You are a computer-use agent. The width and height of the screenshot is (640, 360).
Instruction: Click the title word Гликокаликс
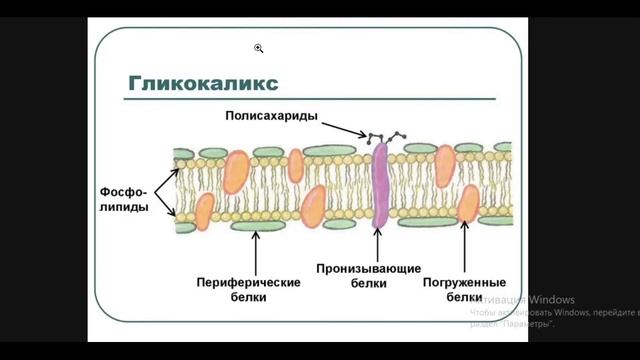click(x=202, y=82)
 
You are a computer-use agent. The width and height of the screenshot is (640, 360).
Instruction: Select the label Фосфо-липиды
click(x=125, y=198)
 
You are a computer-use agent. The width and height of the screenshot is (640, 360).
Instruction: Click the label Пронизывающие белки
click(x=368, y=276)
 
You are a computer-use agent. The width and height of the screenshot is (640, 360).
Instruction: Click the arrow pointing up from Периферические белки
click(x=257, y=250)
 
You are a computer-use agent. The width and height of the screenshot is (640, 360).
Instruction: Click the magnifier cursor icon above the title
click(x=258, y=47)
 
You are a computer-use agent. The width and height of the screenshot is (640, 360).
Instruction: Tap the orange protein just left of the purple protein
click(x=313, y=205)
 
